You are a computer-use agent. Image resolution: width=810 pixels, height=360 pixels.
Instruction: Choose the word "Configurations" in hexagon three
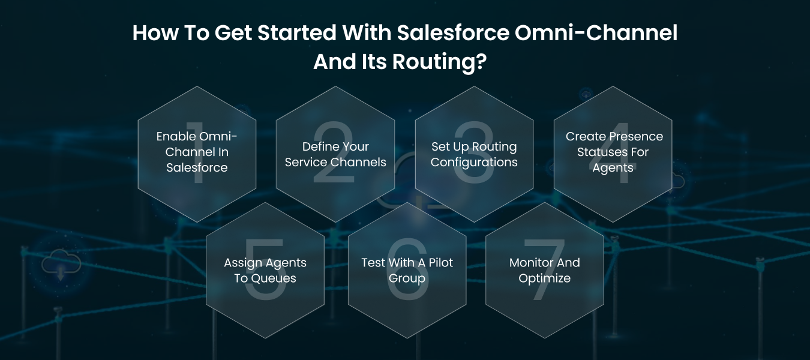[474, 162]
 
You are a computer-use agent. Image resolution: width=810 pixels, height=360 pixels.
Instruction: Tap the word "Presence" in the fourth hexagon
[638, 136]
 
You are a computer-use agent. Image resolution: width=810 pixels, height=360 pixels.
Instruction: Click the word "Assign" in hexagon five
[244, 262]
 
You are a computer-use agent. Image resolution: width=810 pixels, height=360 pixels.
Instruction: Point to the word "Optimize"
[544, 278]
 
